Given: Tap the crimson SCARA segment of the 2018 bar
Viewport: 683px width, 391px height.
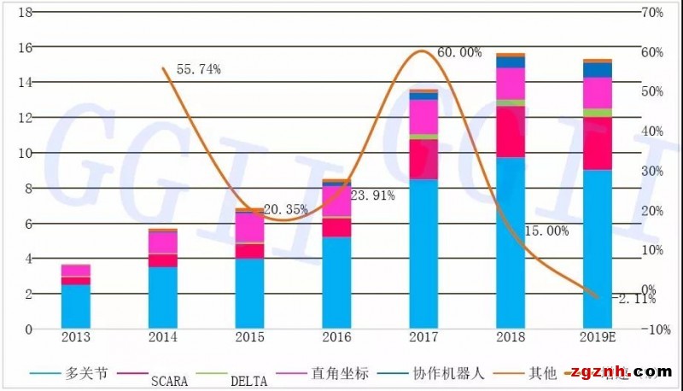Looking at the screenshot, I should (x=511, y=132).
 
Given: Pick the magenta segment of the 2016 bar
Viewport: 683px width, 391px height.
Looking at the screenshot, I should (x=336, y=202).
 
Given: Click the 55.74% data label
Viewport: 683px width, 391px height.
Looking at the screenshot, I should (x=198, y=69).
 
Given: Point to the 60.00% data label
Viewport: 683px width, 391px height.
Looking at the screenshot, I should (x=459, y=52).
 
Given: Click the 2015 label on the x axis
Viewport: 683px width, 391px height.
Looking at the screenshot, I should (x=249, y=338).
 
